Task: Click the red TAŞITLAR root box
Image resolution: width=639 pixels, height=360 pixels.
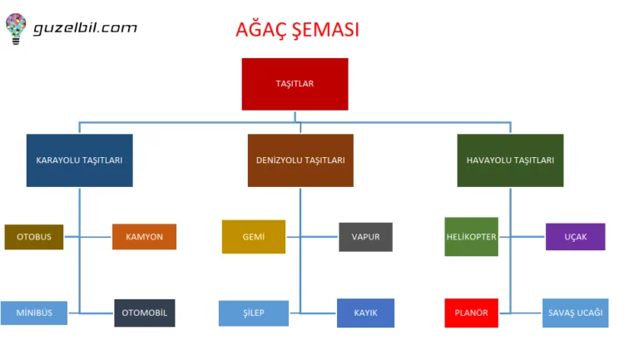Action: click(295, 84)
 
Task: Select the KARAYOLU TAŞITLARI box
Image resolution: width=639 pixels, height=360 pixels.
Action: click(80, 160)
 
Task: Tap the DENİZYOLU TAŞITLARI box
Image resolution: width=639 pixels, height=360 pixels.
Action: click(300, 160)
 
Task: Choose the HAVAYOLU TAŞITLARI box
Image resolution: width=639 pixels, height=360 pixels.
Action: click(510, 160)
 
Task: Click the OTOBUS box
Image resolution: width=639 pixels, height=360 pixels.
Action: click(34, 237)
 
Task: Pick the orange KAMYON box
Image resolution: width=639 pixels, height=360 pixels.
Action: click(144, 237)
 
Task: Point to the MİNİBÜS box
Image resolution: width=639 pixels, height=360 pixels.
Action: click(34, 313)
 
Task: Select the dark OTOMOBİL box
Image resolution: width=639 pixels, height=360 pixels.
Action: click(144, 313)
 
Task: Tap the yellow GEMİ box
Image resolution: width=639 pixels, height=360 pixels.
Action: click(254, 237)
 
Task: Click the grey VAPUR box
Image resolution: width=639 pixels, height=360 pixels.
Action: click(365, 237)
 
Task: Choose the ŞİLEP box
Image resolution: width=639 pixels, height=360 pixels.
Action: click(254, 313)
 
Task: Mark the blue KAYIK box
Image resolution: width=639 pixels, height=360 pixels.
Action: click(365, 313)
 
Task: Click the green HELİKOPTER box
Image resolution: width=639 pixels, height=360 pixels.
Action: click(471, 237)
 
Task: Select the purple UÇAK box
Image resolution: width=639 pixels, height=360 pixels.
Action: click(575, 237)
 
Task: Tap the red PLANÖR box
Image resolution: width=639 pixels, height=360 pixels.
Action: click(471, 313)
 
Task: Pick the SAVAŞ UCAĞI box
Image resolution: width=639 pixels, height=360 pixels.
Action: click(575, 313)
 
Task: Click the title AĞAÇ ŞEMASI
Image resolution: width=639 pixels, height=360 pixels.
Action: click(298, 31)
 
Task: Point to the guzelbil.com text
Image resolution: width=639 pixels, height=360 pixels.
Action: click(85, 27)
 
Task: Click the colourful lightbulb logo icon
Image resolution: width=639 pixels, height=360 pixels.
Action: click(16, 27)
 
